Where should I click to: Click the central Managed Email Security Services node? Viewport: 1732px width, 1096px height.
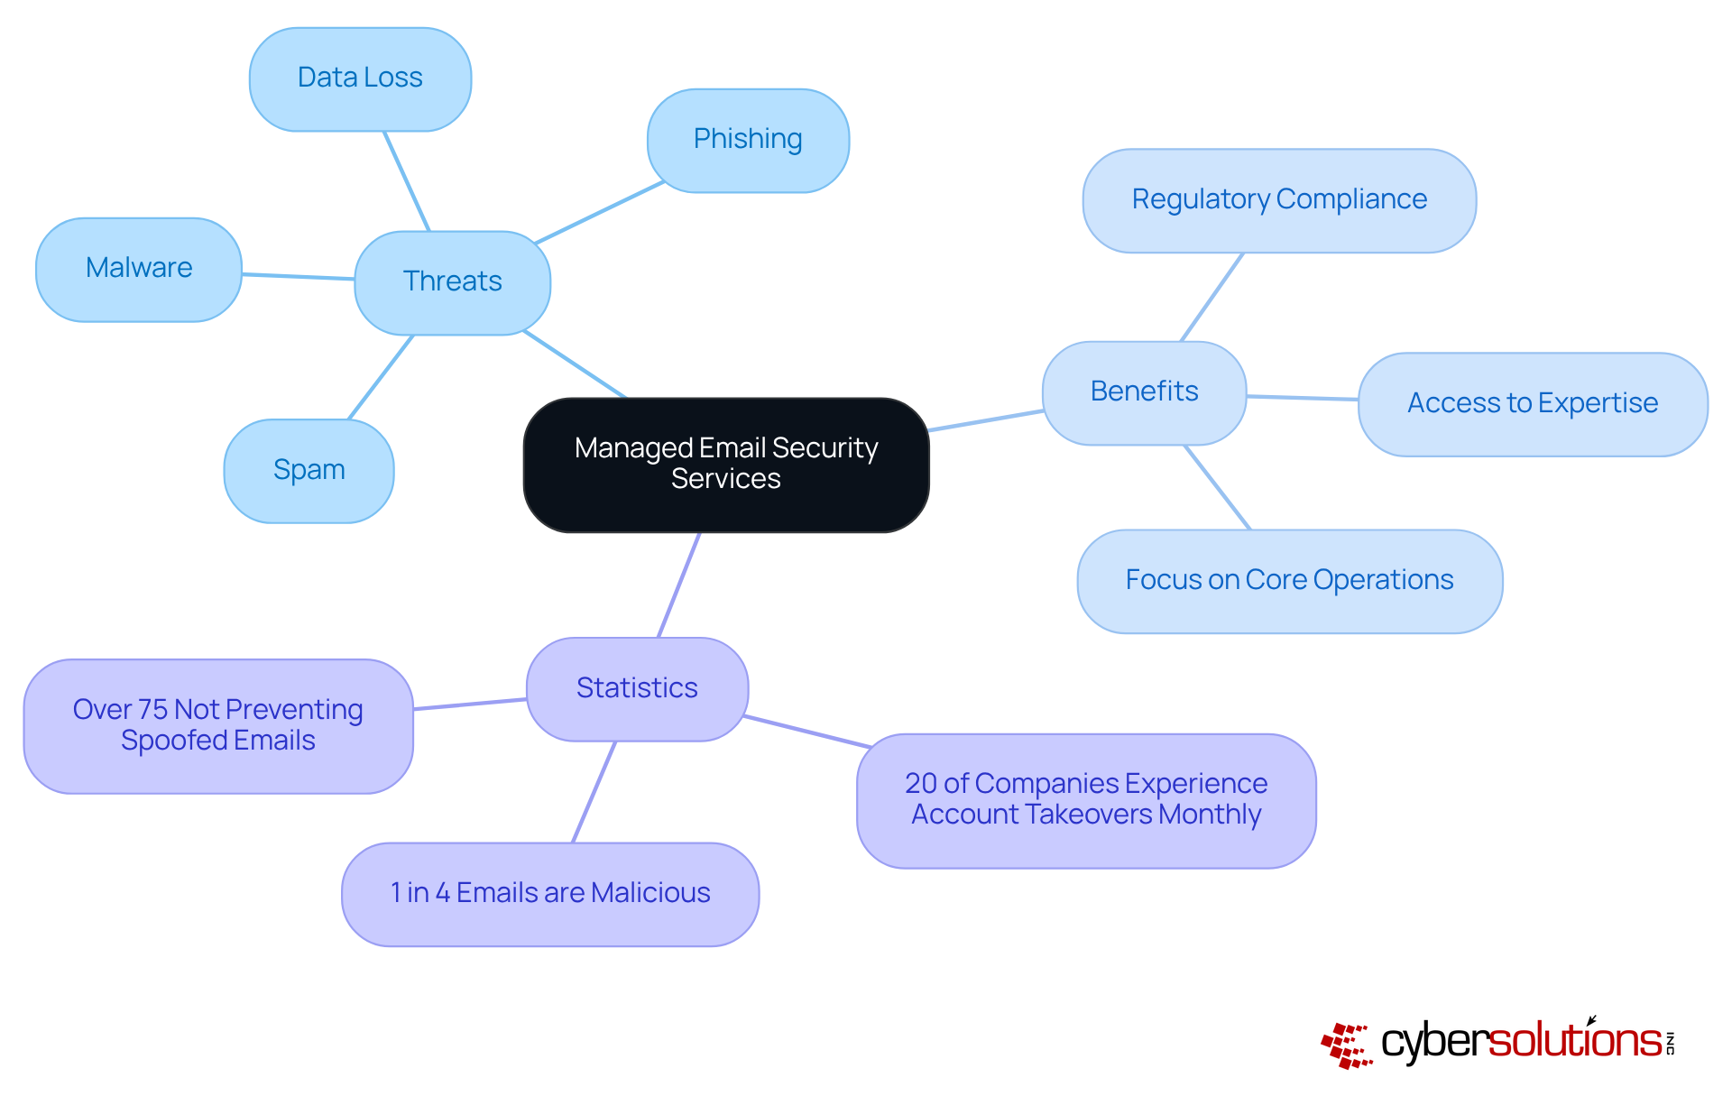pyautogui.click(x=726, y=464)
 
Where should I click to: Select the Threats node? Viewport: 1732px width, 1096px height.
pyautogui.click(x=452, y=282)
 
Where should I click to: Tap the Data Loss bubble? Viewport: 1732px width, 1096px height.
pyautogui.click(x=360, y=78)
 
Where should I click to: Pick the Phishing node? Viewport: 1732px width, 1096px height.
pyautogui.click(x=748, y=140)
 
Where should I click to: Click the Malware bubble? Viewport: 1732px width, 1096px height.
pyautogui.click(x=139, y=269)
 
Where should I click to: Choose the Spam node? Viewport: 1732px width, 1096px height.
pyautogui.click(x=309, y=470)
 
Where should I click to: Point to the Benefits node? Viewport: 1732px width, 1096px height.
pyautogui.click(x=1144, y=392)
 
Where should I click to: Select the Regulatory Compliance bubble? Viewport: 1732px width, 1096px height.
pyautogui.click(x=1279, y=200)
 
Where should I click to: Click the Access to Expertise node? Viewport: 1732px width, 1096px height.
pyautogui.click(x=1532, y=403)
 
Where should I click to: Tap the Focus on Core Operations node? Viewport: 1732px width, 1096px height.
pyautogui.click(x=1289, y=580)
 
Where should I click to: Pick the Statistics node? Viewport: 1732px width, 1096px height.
pyautogui.click(x=637, y=688)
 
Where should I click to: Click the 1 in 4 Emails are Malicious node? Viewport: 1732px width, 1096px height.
pyautogui.click(x=550, y=893)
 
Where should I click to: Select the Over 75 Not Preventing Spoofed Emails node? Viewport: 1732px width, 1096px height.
pyautogui.click(x=218, y=725)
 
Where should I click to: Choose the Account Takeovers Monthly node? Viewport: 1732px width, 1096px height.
pyautogui.click(x=1086, y=800)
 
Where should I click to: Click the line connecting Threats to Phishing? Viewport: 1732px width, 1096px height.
pyautogui.click(x=600, y=213)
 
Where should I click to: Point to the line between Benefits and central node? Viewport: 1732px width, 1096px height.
pyautogui.click(x=986, y=420)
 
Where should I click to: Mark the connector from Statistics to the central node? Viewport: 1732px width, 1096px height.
pyautogui.click(x=679, y=585)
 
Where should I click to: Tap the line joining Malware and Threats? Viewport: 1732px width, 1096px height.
pyautogui.click(x=298, y=277)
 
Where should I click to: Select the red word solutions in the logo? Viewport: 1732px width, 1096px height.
pyautogui.click(x=1574, y=1042)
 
